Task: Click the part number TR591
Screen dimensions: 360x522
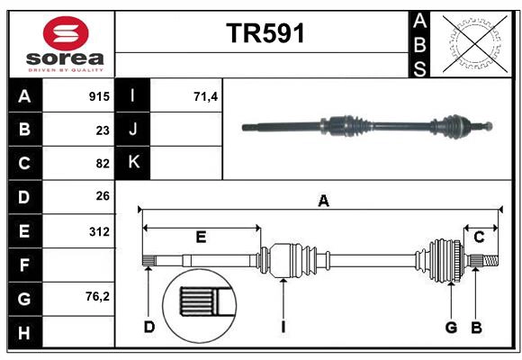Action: pos(265,33)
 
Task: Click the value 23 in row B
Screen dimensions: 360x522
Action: pos(103,130)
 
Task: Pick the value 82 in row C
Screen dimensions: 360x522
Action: pos(103,164)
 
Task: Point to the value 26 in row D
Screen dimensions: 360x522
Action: pos(103,196)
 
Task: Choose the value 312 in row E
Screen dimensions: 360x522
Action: pos(99,231)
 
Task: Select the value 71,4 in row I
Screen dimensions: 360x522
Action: pos(206,96)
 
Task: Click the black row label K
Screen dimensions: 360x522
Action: pos(133,163)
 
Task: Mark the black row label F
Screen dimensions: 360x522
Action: pos(24,265)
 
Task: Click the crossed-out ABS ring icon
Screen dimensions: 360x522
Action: pos(472,42)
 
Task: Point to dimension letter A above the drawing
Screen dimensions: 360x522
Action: pos(323,202)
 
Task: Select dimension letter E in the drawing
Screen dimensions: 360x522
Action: pos(201,237)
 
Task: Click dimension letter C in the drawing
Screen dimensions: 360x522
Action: pos(479,237)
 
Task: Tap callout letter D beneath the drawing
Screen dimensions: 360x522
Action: pos(149,327)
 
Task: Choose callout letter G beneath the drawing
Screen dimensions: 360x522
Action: pos(451,327)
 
